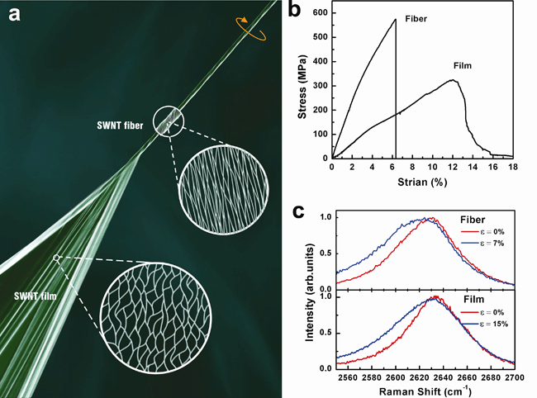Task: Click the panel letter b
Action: click(299, 12)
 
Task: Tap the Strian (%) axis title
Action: click(422, 182)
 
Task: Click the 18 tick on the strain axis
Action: click(513, 166)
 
